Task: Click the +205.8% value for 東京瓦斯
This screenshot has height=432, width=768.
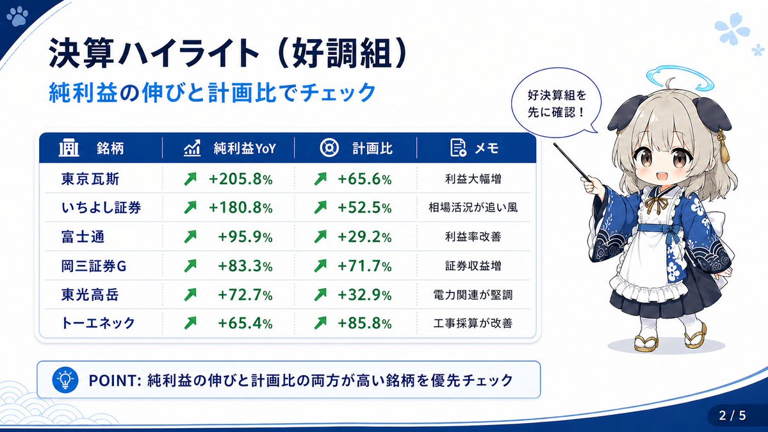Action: (240, 179)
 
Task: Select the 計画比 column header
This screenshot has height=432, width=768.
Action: (372, 148)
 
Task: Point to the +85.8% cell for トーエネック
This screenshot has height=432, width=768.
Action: (363, 323)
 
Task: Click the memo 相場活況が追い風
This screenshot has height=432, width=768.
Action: (473, 208)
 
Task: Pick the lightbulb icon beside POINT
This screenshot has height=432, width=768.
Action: (65, 380)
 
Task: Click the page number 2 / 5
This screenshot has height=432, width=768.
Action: (733, 415)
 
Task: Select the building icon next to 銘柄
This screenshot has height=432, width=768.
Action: (69, 148)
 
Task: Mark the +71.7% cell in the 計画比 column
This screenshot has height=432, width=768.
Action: (363, 266)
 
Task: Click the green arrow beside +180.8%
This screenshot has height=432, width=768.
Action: (190, 208)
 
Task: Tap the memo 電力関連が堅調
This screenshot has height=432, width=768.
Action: (473, 294)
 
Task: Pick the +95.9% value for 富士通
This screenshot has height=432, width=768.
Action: (245, 237)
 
